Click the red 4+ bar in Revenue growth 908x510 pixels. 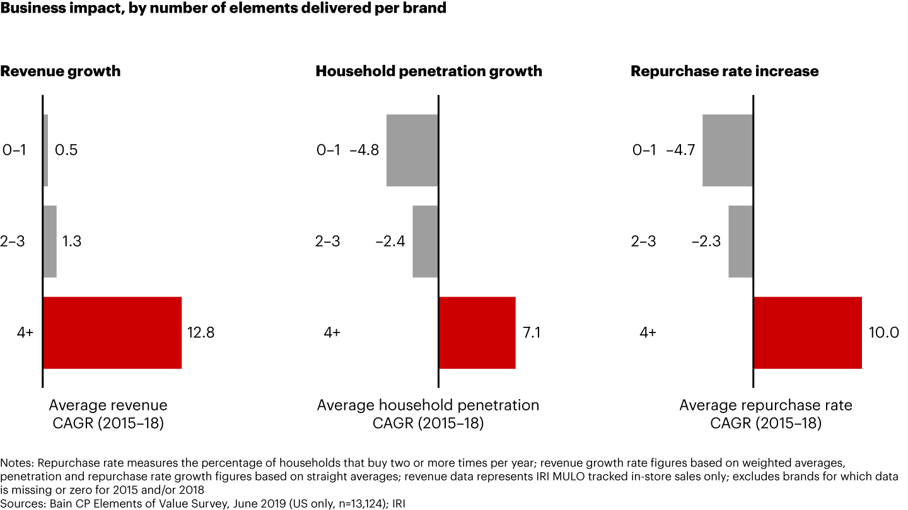(x=112, y=332)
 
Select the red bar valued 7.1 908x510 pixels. (x=477, y=332)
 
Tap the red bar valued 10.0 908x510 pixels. (x=807, y=332)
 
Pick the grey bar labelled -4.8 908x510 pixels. (x=412, y=150)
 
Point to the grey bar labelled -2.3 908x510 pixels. (x=740, y=241)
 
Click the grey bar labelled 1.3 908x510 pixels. (x=50, y=241)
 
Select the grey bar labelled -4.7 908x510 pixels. (x=727, y=150)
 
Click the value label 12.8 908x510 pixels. (x=201, y=332)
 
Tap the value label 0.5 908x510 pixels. (x=66, y=150)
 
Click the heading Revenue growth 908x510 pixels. (x=61, y=71)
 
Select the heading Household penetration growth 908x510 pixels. (x=429, y=71)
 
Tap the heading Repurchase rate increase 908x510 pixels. (x=725, y=71)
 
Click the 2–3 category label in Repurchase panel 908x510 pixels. (x=643, y=241)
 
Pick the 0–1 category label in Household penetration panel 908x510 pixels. (x=328, y=150)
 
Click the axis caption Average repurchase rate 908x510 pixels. (x=765, y=405)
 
